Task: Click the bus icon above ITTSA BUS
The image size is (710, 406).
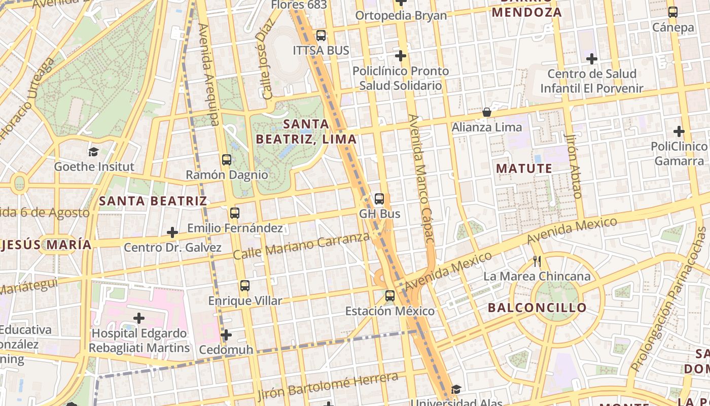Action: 321,36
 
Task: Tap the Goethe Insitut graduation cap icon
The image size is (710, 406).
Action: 93,152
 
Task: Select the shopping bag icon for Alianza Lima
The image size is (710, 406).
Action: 487,112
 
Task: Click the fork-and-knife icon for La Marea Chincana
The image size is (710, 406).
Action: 537,261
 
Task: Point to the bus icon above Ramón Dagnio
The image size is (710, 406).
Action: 227,160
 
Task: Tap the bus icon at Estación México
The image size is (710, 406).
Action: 390,295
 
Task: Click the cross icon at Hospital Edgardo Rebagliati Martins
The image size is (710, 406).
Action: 139,319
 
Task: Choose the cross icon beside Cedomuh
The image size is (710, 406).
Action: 226,335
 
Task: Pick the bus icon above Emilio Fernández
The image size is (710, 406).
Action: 234,213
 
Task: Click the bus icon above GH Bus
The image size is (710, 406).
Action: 379,199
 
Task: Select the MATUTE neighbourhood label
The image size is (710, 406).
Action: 524,168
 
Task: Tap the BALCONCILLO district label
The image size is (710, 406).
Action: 537,308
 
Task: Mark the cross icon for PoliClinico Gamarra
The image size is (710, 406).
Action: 679,131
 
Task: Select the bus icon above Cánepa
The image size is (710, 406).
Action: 673,12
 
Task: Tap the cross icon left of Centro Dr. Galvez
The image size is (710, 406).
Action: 172,233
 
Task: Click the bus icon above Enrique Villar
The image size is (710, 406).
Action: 245,286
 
